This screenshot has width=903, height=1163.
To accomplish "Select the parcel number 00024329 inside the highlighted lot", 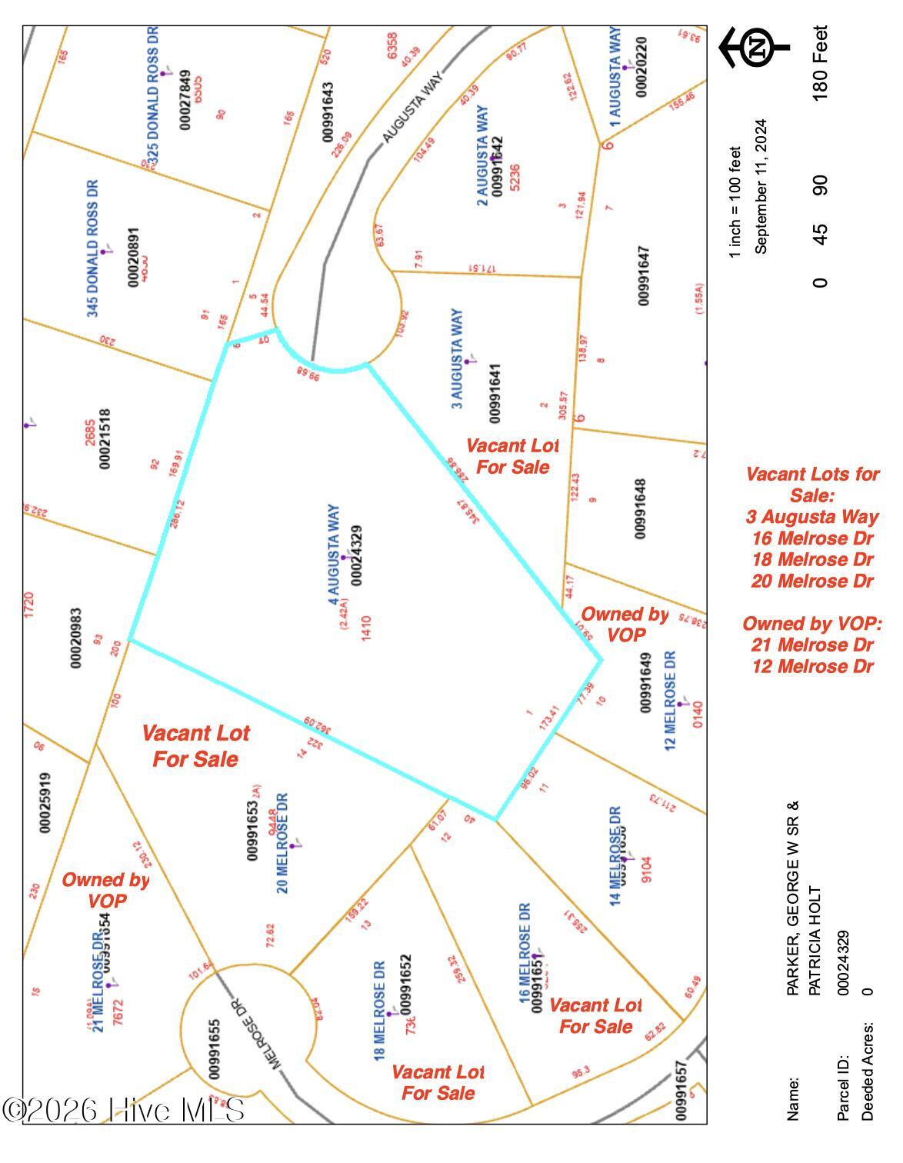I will coord(356,553).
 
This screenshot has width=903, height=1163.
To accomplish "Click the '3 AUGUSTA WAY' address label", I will coord(457,359).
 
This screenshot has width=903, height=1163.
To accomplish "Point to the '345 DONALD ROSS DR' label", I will coord(93,248).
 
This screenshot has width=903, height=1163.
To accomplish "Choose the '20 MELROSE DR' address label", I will coord(283,843).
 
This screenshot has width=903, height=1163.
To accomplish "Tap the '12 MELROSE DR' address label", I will coord(670,701).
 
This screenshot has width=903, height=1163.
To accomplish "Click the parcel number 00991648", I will coord(641,508).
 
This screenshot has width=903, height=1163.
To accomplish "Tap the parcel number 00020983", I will coord(76,638).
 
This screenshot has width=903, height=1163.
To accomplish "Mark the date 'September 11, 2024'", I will coord(761,186).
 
